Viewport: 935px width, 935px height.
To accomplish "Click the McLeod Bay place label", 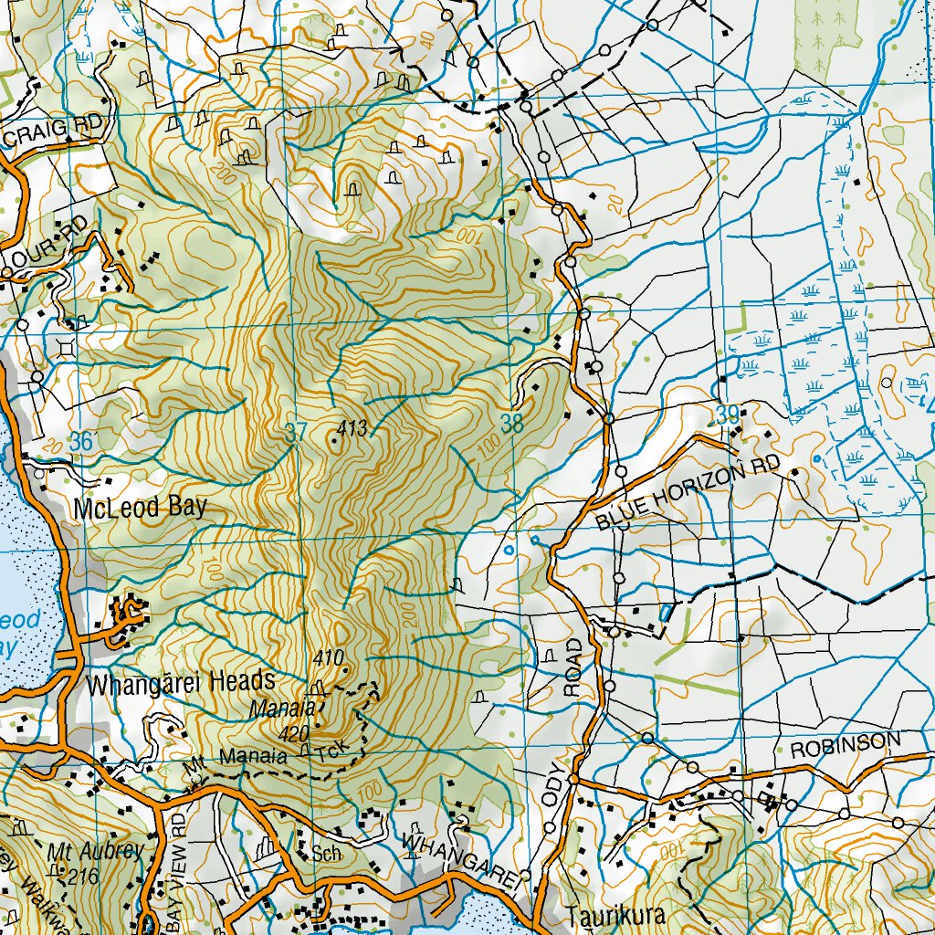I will [141, 508].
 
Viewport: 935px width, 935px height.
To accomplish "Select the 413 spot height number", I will [352, 427].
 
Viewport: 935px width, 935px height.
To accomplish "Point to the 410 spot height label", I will [327, 657].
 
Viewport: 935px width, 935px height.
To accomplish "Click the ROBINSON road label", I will [838, 747].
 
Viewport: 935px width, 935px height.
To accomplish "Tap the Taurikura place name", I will [611, 915].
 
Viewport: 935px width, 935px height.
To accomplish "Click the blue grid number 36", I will [81, 441].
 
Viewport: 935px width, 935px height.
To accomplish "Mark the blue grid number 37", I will [295, 433].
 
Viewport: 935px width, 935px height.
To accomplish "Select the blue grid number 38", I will [512, 422].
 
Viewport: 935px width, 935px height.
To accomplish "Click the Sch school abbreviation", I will [325, 855].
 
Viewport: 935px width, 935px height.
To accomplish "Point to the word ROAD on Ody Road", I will [573, 668].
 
